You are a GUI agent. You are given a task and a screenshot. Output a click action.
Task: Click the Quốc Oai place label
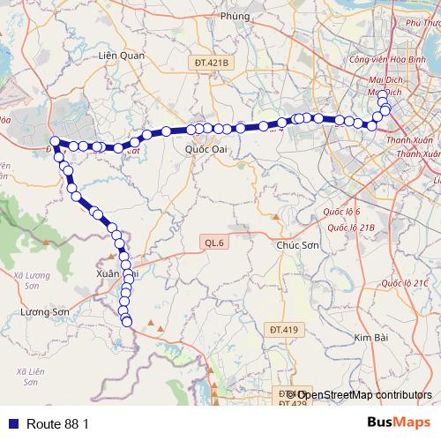[x=206, y=149]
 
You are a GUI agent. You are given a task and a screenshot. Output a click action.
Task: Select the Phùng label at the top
[x=236, y=15]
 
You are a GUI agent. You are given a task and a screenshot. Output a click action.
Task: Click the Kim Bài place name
[x=371, y=338]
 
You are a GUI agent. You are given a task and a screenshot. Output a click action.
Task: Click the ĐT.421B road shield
[x=209, y=63]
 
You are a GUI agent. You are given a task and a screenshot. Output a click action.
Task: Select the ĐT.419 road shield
[x=284, y=329]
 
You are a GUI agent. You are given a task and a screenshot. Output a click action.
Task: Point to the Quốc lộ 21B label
[x=352, y=227]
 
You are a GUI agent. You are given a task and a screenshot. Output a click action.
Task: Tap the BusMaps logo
[x=398, y=423]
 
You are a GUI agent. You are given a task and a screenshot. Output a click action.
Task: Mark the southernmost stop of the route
[x=127, y=322]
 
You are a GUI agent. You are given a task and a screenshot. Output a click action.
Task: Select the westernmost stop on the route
[x=55, y=141]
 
